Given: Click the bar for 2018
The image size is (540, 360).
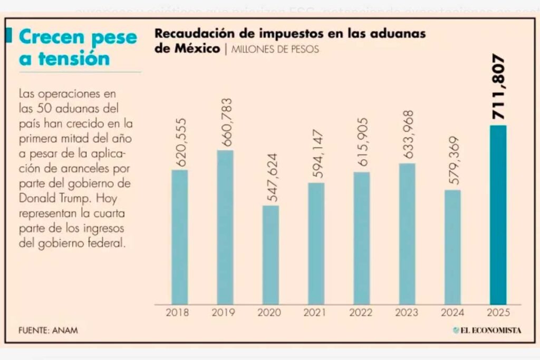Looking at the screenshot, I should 180,237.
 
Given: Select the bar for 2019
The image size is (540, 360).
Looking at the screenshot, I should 225,227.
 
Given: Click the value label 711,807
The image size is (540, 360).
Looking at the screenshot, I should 498,87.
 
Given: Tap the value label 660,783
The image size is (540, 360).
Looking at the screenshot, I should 225,123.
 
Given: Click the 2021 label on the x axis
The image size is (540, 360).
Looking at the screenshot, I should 316,313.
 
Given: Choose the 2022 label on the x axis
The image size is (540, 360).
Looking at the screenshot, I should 361,313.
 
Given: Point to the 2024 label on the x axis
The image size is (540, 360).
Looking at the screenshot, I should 452,313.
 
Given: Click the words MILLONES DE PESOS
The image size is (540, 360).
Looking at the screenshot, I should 275,50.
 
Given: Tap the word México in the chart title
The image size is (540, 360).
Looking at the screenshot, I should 195,49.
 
